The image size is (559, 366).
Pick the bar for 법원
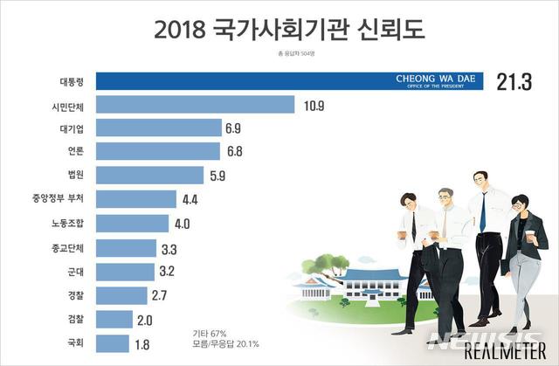pos(148,175)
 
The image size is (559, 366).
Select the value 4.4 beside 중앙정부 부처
pos(191,199)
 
